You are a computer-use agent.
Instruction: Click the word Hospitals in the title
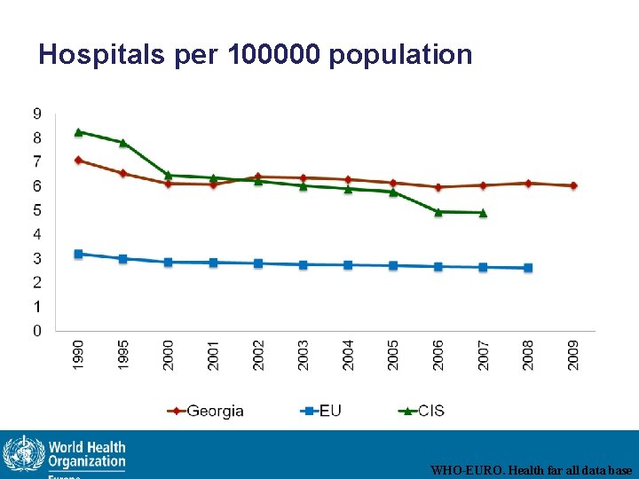click(x=100, y=55)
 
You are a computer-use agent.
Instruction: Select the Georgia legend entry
click(x=206, y=411)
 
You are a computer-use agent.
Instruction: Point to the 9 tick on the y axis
click(x=36, y=114)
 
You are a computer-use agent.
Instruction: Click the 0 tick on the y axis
click(x=36, y=331)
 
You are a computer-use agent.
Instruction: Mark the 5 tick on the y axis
click(x=36, y=210)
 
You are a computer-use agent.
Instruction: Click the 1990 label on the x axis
click(x=78, y=355)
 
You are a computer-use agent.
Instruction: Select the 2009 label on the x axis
click(x=573, y=355)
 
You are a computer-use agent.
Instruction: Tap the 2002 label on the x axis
click(x=258, y=355)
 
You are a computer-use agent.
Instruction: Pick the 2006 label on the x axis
click(x=438, y=355)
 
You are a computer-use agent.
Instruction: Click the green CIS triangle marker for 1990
click(x=78, y=132)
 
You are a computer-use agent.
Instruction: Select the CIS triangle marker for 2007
click(x=483, y=213)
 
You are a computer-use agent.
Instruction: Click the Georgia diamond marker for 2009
click(x=573, y=185)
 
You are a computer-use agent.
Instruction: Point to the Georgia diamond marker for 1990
click(x=78, y=161)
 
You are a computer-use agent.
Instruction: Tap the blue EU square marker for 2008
click(x=528, y=268)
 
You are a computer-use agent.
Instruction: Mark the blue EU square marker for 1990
click(x=78, y=254)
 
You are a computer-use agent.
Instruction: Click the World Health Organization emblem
click(x=22, y=455)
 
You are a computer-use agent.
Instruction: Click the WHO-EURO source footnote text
click(x=531, y=470)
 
